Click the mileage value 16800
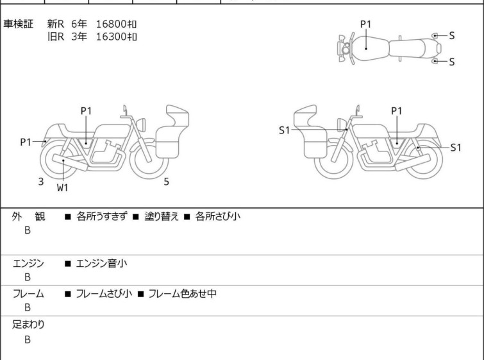point(111,24)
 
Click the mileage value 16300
point(111,37)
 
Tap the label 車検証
point(18,24)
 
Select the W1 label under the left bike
point(62,187)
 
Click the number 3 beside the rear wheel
point(41,182)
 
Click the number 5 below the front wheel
point(166,182)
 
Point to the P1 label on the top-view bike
point(366,24)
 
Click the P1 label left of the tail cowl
point(26,142)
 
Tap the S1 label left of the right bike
point(284,130)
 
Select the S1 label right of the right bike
point(456,148)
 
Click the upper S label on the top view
point(451,36)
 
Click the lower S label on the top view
point(451,62)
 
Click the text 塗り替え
point(162,216)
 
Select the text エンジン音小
point(101,264)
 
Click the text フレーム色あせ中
point(183,293)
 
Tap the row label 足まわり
point(28,324)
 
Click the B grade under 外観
point(28,230)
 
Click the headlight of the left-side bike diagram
point(141,124)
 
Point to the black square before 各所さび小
point(187,217)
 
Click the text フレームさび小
point(104,293)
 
